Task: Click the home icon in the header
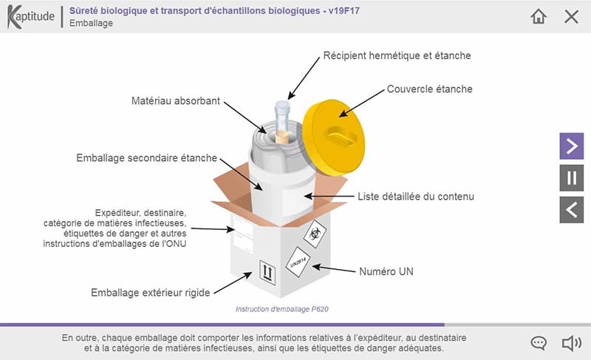pos(539,16)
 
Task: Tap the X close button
pos(571,16)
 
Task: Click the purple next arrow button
pos(571,146)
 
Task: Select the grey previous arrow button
pos(571,210)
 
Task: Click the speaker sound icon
pos(571,343)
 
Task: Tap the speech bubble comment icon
pos(539,343)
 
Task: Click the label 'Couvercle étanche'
pos(429,89)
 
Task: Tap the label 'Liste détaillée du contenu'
pos(415,197)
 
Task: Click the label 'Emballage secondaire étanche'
pos(146,157)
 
